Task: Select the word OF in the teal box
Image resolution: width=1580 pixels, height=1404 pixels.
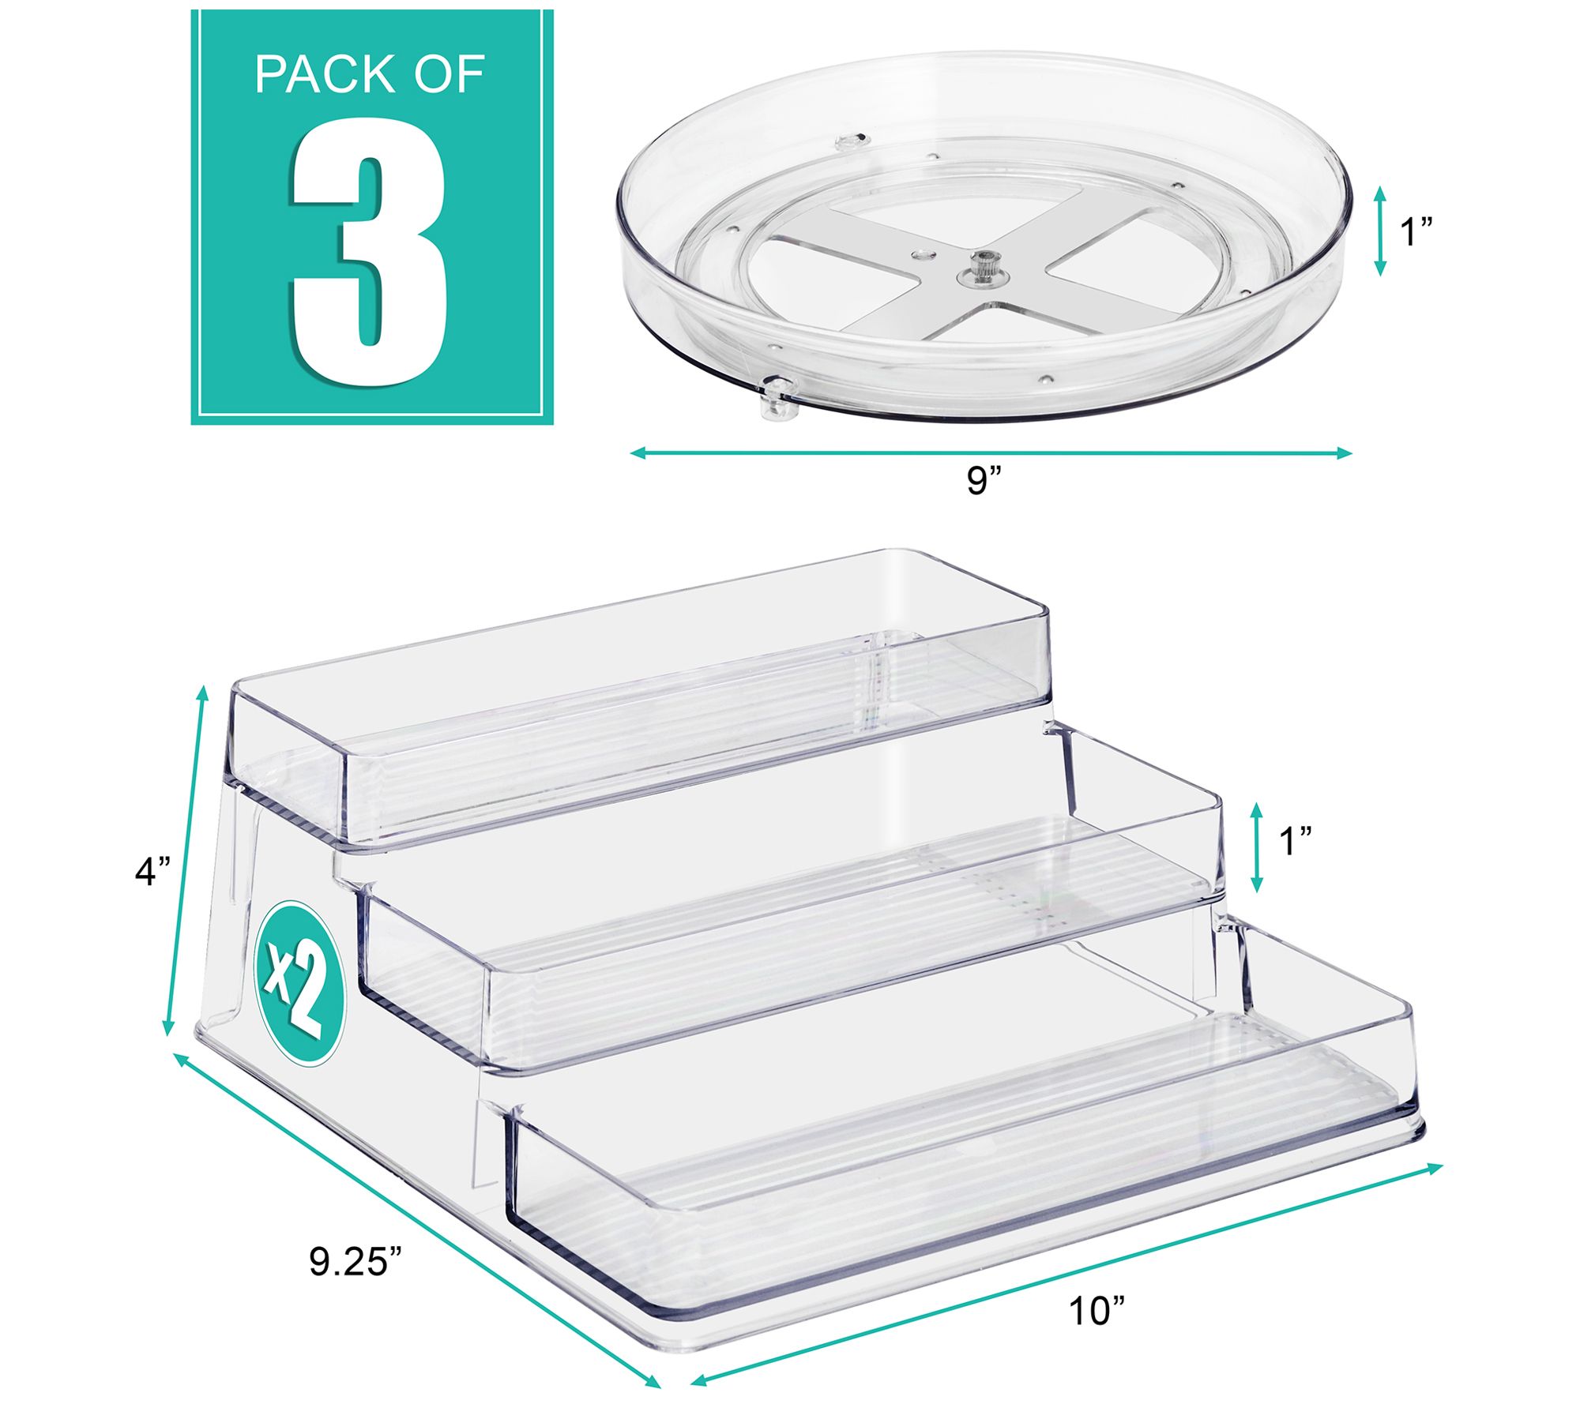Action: [448, 75]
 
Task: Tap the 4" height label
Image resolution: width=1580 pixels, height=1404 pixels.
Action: [152, 871]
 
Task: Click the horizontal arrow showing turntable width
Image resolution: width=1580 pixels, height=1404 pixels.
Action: [991, 452]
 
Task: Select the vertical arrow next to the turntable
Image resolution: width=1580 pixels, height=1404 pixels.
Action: [1381, 231]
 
